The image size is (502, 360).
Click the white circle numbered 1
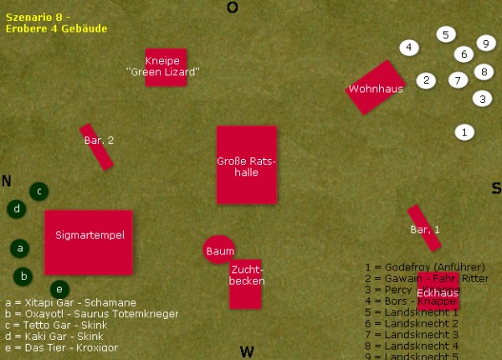[465, 131]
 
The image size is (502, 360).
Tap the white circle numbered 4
[408, 47]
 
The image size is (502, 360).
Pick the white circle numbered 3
[482, 98]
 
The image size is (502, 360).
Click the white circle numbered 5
[446, 34]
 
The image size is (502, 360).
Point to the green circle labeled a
[20, 248]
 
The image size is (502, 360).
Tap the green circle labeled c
[38, 191]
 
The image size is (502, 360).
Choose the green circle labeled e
[59, 289]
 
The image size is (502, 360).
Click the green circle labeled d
[16, 208]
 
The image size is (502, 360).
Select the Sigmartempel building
[89, 242]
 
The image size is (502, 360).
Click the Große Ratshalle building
[246, 165]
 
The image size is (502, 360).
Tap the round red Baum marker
[219, 249]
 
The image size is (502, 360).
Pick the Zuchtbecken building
[246, 283]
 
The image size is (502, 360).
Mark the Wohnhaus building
[376, 87]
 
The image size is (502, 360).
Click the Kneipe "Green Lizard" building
[166, 67]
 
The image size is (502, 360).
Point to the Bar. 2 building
[97, 147]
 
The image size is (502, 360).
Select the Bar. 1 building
[424, 228]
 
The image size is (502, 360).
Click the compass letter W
[247, 352]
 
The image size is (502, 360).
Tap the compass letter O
[233, 8]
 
